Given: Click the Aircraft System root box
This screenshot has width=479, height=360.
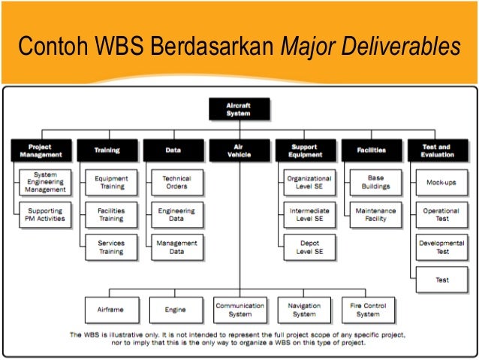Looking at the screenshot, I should pos(238,109).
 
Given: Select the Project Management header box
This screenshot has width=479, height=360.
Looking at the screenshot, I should pos(40,150).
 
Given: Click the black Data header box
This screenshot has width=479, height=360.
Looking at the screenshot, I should pos(173,150).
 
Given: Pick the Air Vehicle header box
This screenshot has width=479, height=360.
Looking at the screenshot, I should pos(239,150).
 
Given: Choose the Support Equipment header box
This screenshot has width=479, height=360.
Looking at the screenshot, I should pos(305,150).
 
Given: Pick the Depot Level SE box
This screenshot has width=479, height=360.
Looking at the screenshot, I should pos(309,247).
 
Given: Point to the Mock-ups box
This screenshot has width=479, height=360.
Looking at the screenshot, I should pos(442,181).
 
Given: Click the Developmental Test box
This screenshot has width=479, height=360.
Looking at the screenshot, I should pos(442,247).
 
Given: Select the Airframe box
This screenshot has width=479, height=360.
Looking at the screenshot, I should pos(110,309).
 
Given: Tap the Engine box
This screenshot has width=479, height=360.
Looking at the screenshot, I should pos(175,309).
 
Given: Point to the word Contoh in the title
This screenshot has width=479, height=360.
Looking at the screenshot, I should pos(50,47).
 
